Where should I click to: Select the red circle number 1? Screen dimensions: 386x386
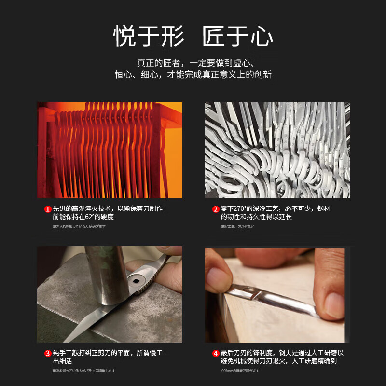tap(48, 209)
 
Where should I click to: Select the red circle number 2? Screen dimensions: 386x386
tap(216, 209)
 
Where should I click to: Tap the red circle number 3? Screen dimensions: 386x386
tap(48, 353)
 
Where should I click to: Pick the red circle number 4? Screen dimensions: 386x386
tap(216, 353)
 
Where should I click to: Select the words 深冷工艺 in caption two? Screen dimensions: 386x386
tap(268, 208)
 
